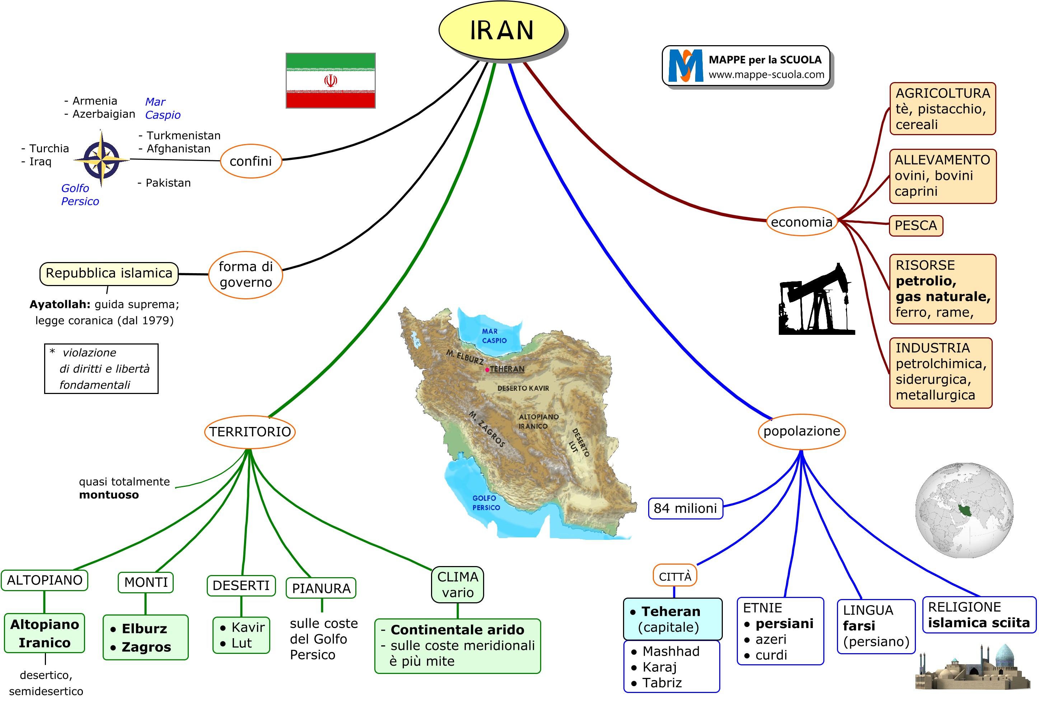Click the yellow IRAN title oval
coord(502,30)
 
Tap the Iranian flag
coord(331,80)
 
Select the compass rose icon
coord(102,158)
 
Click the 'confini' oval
coord(251,161)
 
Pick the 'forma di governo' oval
coord(245,275)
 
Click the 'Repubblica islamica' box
coord(109,273)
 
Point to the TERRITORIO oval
coord(250,432)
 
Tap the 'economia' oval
coord(802,222)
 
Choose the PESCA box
coord(916,225)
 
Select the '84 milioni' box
coord(685,508)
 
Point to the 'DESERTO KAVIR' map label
coord(523,388)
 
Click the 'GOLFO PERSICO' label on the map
coord(486,503)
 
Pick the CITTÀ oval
coord(675,576)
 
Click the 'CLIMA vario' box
coord(457,585)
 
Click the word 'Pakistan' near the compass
coord(168,183)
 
